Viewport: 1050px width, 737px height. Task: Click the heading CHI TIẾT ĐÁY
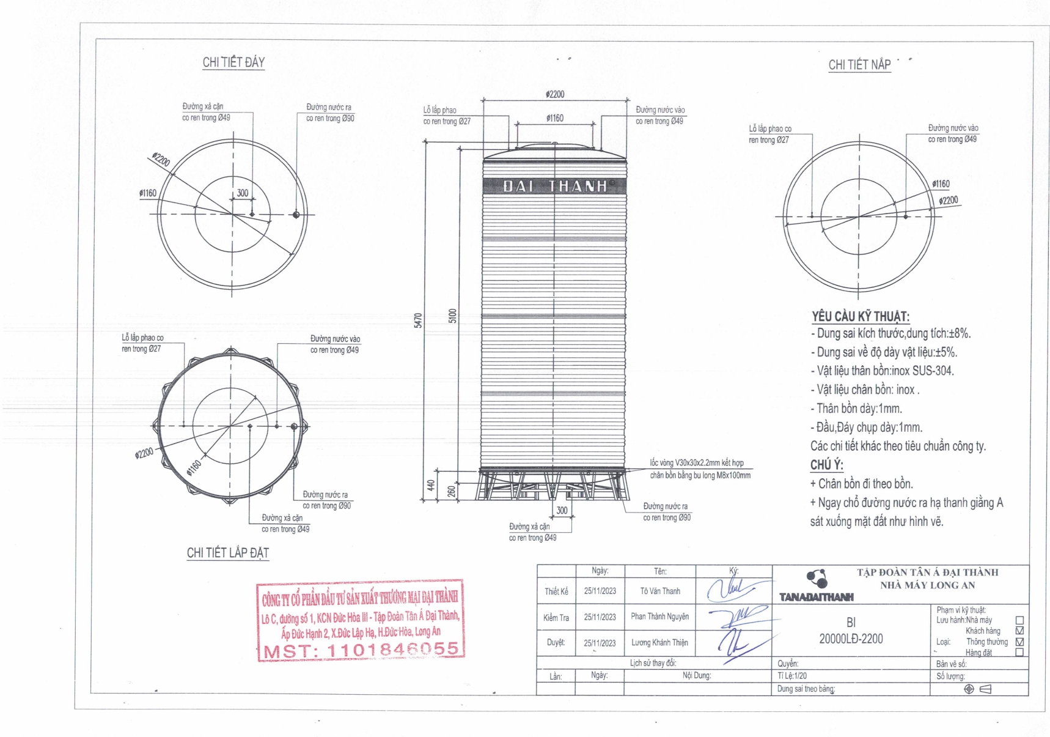point(233,62)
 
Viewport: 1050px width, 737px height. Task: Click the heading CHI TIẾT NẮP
point(859,65)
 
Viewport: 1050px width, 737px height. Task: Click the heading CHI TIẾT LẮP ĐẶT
point(227,553)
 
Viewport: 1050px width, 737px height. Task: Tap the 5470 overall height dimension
point(419,320)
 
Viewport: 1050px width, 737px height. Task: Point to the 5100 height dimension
point(453,316)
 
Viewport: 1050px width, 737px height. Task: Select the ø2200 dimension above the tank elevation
point(555,94)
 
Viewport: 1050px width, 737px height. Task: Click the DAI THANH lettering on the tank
point(554,186)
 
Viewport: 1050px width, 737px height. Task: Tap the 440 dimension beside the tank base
point(431,485)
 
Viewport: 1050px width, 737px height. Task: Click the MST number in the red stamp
point(361,650)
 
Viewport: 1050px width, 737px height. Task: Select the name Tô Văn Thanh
point(660,591)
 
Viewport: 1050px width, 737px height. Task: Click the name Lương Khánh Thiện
point(659,643)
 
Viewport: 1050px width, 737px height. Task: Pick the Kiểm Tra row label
point(556,618)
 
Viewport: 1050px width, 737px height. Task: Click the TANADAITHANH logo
point(817,596)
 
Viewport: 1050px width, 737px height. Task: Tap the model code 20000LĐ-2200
point(851,639)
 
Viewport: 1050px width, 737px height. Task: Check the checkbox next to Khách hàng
point(1019,631)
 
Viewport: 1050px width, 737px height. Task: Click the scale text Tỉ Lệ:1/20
point(792,676)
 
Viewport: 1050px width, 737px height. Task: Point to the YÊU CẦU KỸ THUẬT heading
point(860,316)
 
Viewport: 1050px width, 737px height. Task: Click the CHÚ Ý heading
point(826,465)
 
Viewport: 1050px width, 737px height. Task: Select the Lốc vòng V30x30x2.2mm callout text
point(697,463)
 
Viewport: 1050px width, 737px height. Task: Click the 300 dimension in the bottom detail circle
point(243,193)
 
